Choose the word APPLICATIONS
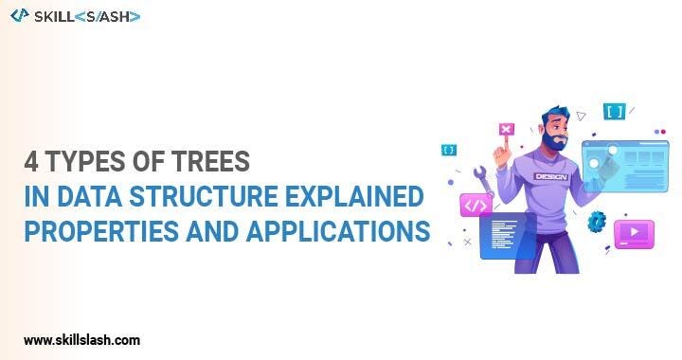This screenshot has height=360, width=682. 331,231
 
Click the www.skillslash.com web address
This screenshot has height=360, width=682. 82,339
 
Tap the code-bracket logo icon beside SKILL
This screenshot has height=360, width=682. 19,15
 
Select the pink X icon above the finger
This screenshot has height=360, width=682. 506,130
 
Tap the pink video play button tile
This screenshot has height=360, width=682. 634,233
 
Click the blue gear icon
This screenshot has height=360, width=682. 597,222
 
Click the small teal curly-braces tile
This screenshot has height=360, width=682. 449,150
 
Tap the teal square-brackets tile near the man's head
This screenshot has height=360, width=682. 614,112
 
